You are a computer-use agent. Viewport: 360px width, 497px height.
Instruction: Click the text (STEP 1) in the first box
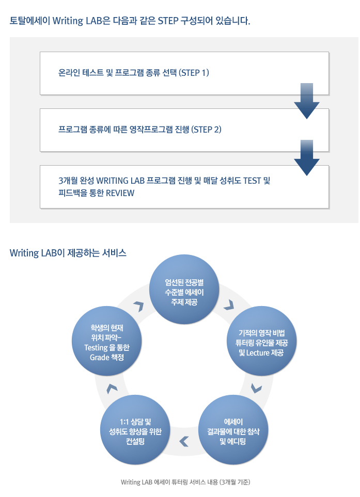[194, 73]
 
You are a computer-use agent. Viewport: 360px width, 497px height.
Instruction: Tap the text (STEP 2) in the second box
[206, 130]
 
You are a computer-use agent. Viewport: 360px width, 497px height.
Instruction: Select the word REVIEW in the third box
[120, 193]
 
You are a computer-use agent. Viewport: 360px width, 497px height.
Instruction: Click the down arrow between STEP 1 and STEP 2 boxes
[307, 101]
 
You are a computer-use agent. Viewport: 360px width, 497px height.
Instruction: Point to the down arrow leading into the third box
[307, 158]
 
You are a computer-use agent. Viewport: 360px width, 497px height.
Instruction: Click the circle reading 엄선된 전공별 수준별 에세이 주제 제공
[184, 290]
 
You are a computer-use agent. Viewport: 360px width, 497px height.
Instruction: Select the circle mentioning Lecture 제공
[261, 341]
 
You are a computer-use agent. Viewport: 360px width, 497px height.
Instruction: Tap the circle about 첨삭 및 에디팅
[233, 430]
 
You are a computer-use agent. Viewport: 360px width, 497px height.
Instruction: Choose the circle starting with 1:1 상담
[135, 430]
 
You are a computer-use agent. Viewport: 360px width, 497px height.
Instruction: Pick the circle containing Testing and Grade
[107, 341]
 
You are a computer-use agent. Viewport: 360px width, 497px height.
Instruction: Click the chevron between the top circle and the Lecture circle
[229, 305]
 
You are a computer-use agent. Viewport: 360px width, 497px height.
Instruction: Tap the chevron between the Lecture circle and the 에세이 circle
[256, 388]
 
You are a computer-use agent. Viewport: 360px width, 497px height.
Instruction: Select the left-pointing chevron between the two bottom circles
[184, 441]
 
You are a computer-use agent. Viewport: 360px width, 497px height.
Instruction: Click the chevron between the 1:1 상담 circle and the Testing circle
[112, 389]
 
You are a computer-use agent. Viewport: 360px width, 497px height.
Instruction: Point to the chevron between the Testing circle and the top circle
[139, 306]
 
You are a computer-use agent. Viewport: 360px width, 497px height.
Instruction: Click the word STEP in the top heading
[168, 21]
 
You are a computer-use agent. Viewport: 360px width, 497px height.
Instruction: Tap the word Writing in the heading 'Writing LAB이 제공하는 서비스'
[24, 253]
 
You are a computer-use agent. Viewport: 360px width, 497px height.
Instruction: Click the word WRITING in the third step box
[112, 181]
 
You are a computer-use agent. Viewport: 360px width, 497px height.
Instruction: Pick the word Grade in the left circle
[100, 358]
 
